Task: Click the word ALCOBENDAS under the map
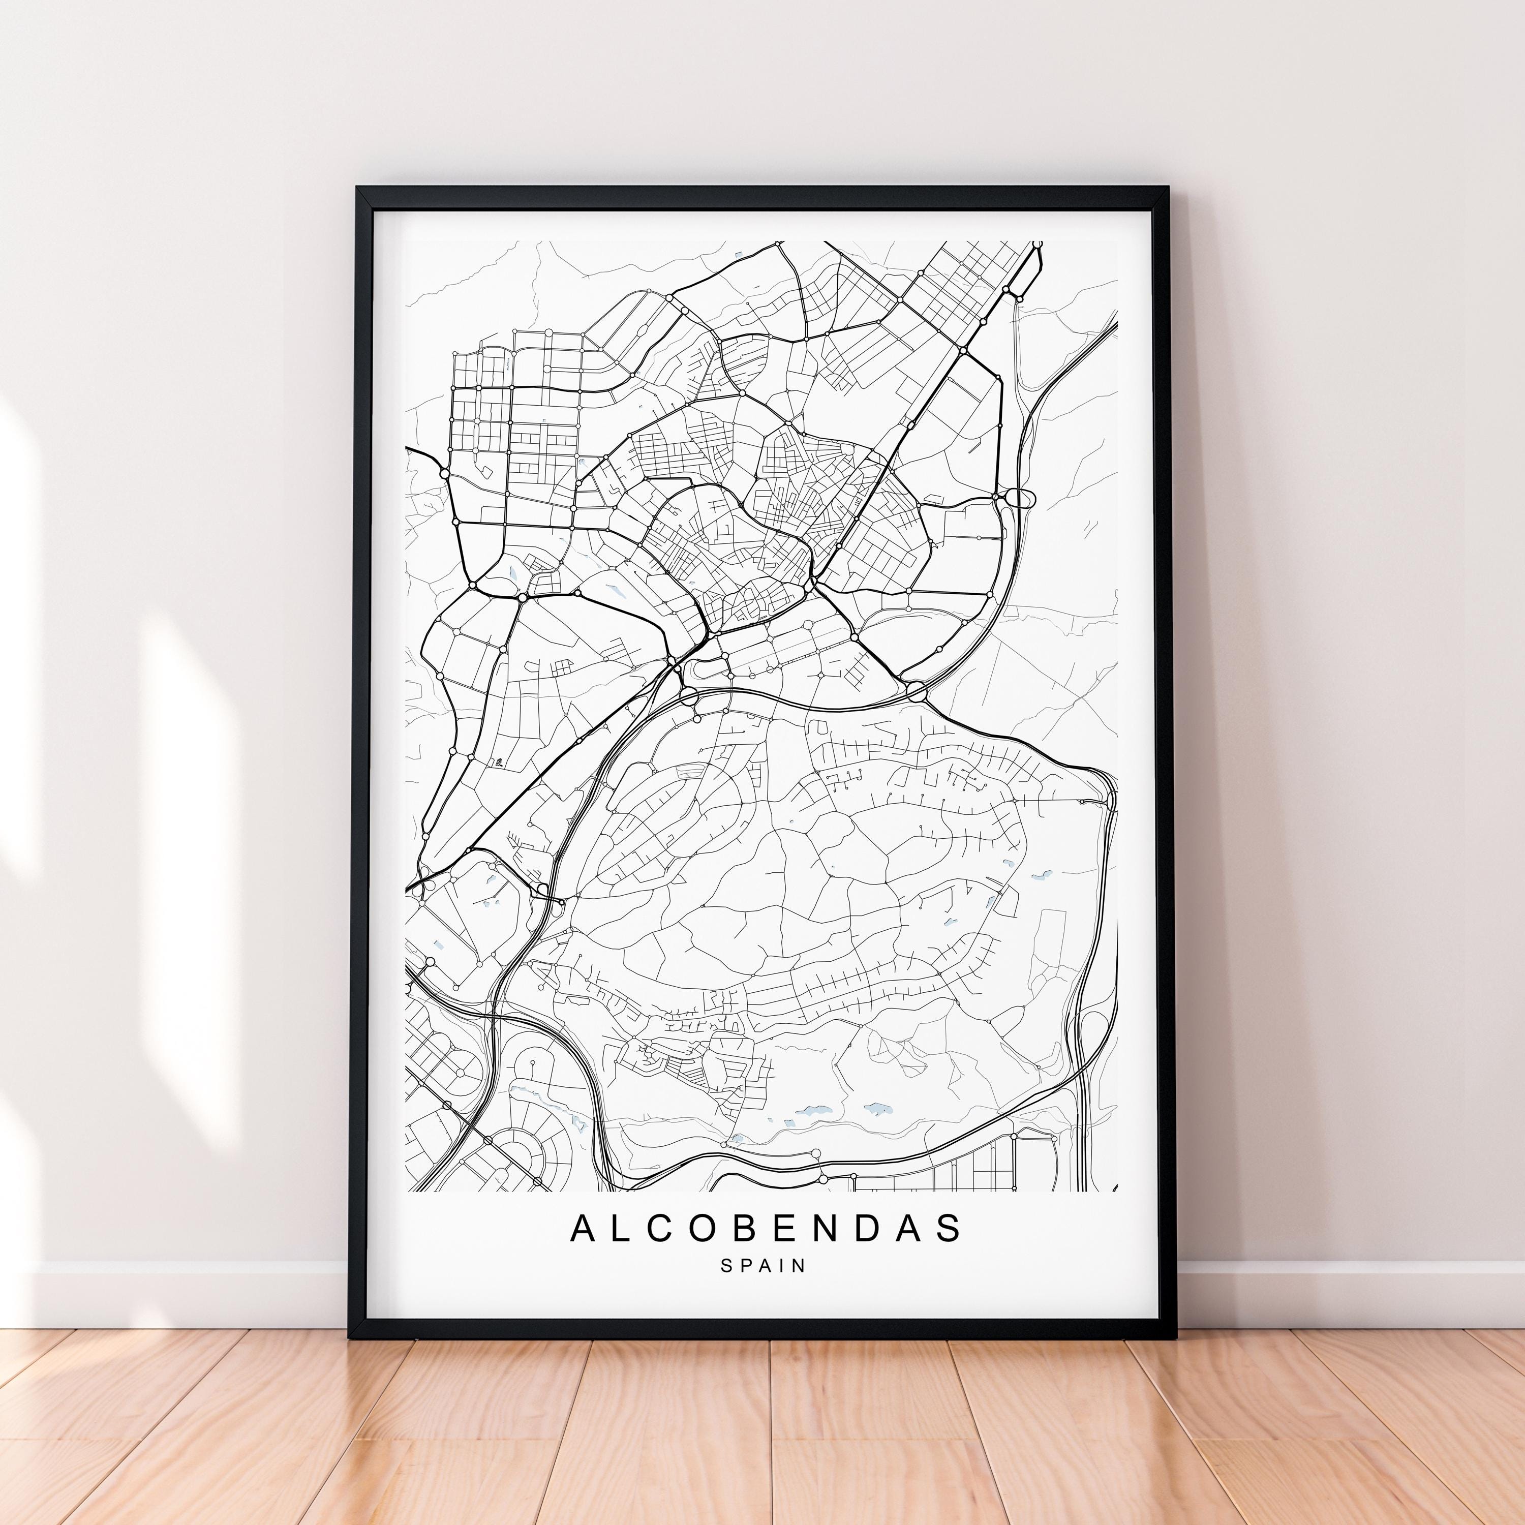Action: click(766, 1228)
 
